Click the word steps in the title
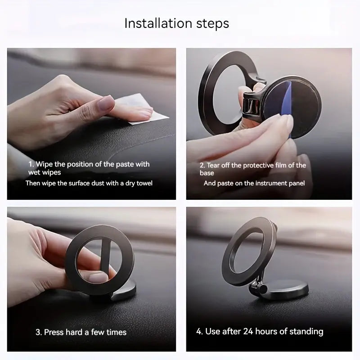211,23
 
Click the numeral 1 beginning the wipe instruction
31,164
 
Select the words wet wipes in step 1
45,172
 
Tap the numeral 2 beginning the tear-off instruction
202,165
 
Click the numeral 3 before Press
38,333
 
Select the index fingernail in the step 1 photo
107,105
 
